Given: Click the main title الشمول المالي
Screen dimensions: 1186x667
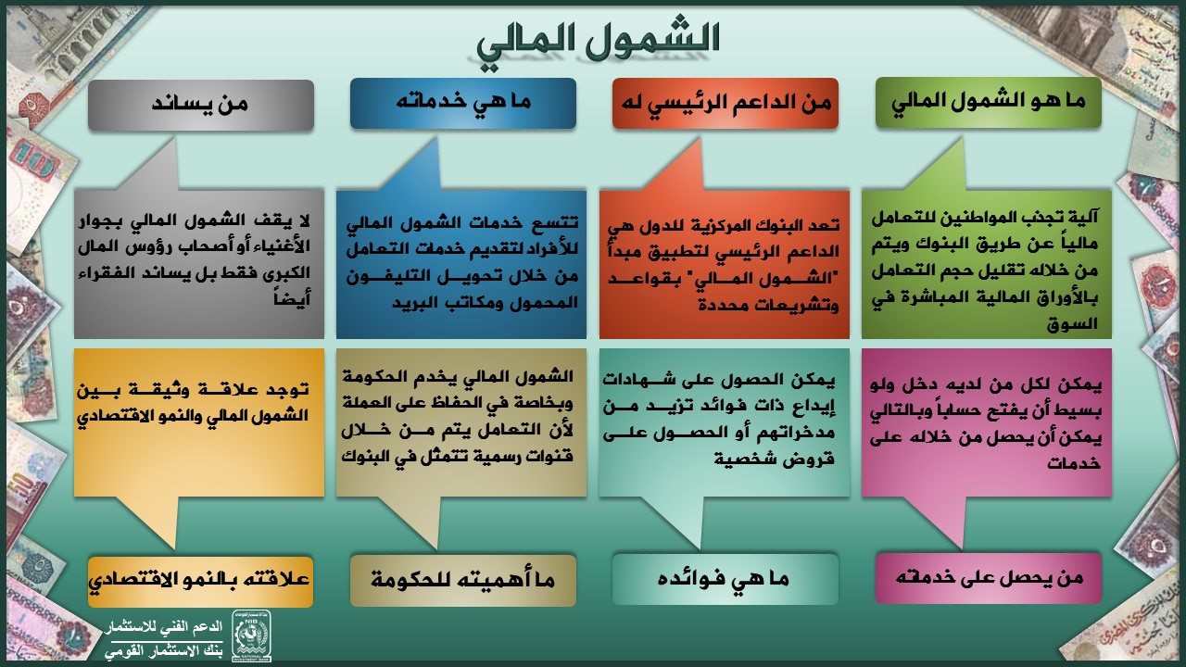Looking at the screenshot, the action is [599, 43].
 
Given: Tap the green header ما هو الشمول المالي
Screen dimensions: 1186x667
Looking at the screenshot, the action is [989, 102].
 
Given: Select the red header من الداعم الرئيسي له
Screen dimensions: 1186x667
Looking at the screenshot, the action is [725, 103].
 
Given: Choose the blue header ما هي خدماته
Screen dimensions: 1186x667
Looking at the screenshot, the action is [463, 103].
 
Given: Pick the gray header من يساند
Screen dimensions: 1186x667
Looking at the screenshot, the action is [201, 105].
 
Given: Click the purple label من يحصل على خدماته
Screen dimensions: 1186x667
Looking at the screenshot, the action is [989, 578].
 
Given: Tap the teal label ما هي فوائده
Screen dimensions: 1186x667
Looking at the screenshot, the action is [725, 579].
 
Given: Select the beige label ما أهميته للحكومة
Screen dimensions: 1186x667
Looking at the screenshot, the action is [463, 580].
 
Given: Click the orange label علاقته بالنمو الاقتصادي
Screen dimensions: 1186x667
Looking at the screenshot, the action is [201, 581].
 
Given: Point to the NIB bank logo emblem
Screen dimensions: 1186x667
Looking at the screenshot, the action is [251, 636].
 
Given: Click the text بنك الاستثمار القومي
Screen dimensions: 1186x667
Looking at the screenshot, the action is [164, 651].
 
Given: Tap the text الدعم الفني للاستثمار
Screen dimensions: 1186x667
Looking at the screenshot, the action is [164, 627].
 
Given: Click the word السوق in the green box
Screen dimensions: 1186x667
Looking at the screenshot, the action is [1072, 323].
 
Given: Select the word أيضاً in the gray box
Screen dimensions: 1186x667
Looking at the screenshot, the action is [292, 298].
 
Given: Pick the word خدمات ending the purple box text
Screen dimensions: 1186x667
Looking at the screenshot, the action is [1074, 462].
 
